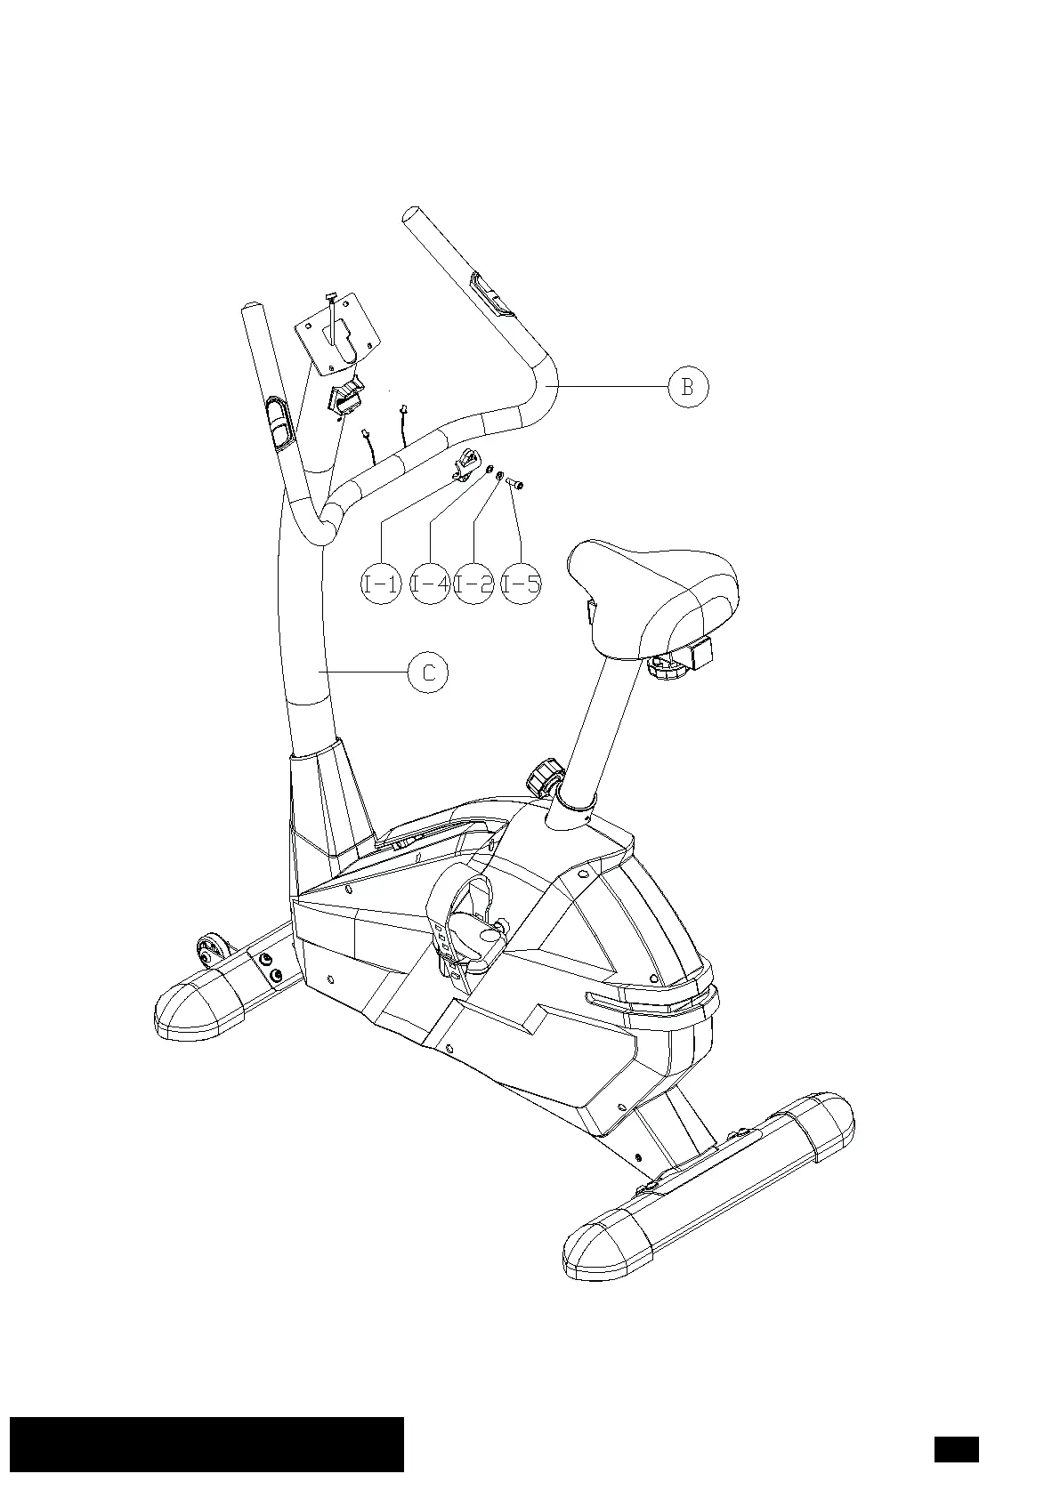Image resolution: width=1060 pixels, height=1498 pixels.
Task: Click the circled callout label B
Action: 687,387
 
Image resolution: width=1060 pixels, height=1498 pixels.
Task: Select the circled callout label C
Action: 428,672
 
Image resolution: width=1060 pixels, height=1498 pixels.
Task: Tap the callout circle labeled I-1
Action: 381,584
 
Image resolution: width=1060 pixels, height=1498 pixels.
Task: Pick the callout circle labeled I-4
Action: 430,584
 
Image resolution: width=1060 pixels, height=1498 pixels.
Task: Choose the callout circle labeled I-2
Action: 473,584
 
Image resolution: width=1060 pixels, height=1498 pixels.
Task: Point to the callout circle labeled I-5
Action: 521,584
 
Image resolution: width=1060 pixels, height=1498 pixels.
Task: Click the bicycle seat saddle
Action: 653,591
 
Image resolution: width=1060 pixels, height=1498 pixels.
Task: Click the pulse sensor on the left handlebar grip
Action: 279,424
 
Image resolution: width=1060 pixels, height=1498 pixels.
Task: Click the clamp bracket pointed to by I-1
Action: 465,465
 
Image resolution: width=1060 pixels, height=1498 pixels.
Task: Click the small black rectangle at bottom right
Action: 956,1449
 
